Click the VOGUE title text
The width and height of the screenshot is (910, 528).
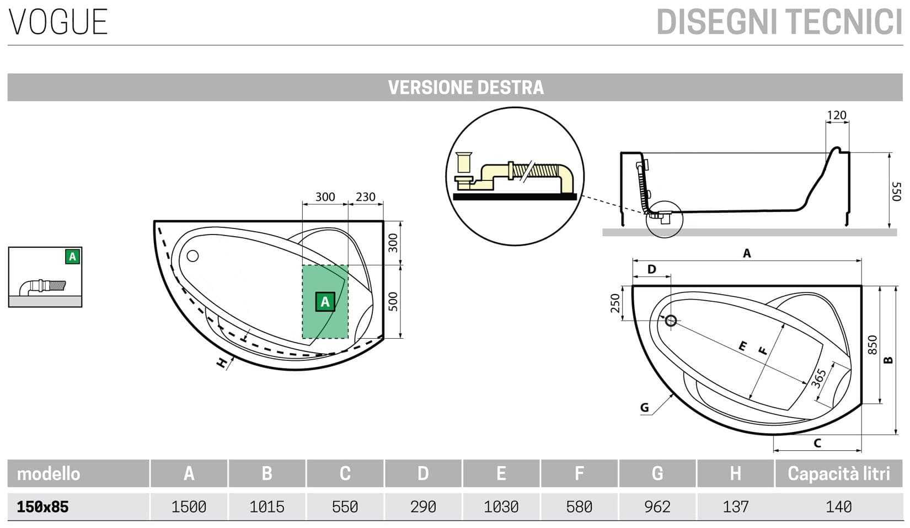click(x=58, y=22)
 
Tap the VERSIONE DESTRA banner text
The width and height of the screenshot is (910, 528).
click(x=465, y=88)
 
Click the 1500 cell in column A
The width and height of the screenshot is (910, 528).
click(x=189, y=506)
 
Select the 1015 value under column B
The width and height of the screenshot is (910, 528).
click(x=267, y=506)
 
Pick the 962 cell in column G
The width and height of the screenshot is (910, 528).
click(x=657, y=506)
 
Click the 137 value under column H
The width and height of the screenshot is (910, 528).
click(x=735, y=506)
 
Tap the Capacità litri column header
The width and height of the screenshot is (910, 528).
click(x=838, y=473)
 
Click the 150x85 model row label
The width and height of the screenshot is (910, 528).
click(x=43, y=506)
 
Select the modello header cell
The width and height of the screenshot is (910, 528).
click(x=49, y=473)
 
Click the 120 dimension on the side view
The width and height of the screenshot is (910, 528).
click(x=837, y=115)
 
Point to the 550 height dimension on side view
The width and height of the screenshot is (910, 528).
click(x=896, y=191)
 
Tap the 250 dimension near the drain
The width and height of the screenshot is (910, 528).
click(x=616, y=302)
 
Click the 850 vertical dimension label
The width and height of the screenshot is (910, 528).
click(x=872, y=345)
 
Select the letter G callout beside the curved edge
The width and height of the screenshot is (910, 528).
click(x=644, y=408)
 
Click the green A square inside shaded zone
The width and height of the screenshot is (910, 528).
click(x=325, y=302)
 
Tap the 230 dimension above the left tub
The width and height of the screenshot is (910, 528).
click(x=365, y=197)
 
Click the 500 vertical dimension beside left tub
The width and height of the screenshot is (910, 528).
click(x=393, y=301)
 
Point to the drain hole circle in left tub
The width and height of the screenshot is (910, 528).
click(x=192, y=256)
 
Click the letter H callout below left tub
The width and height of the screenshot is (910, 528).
click(x=222, y=363)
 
